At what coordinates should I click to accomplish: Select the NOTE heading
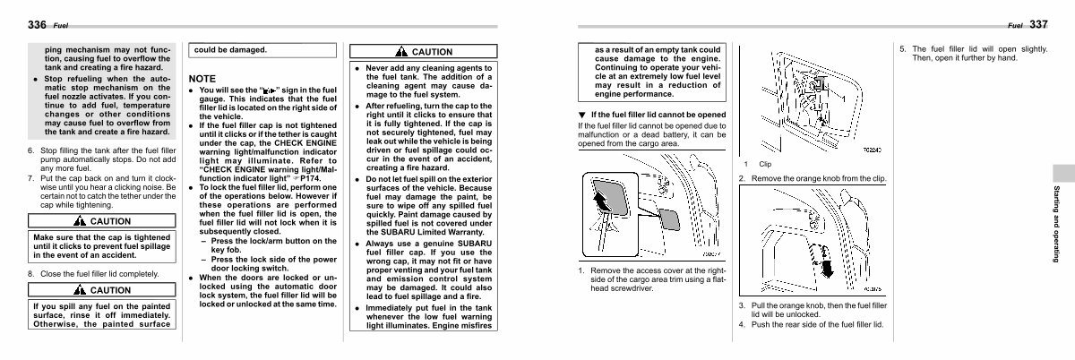point(202,79)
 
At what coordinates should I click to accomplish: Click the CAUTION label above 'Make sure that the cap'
point(110,221)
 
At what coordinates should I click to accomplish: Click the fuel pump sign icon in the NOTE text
point(267,91)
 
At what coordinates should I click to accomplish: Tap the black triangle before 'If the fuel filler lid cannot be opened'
point(581,115)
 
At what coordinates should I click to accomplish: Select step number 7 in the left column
point(31,178)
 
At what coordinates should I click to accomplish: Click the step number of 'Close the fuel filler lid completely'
point(31,273)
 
